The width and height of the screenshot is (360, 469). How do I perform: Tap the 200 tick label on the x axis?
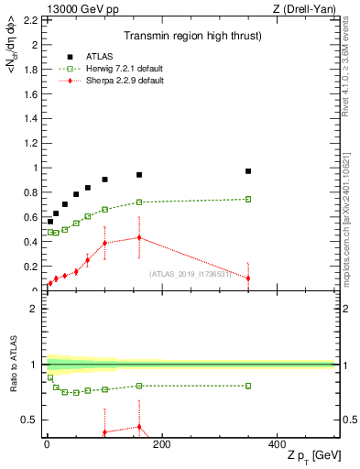(x=161, y=444)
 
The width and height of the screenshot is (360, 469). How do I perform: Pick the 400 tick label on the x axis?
(x=277, y=444)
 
